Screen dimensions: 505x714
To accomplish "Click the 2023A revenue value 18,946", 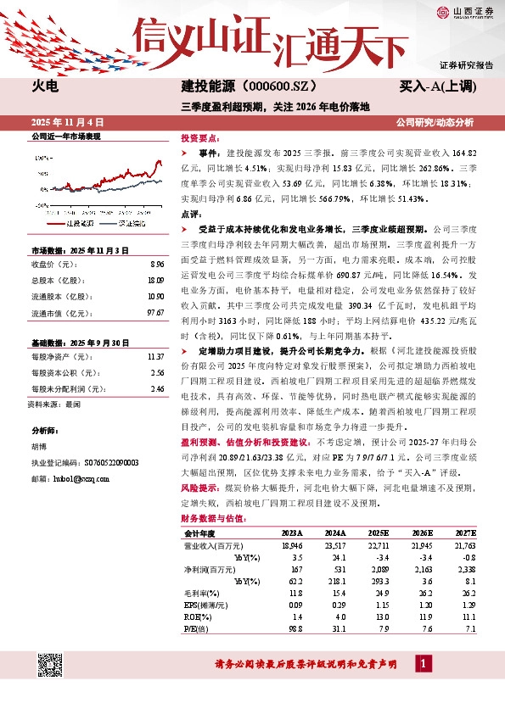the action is tap(291, 544).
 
